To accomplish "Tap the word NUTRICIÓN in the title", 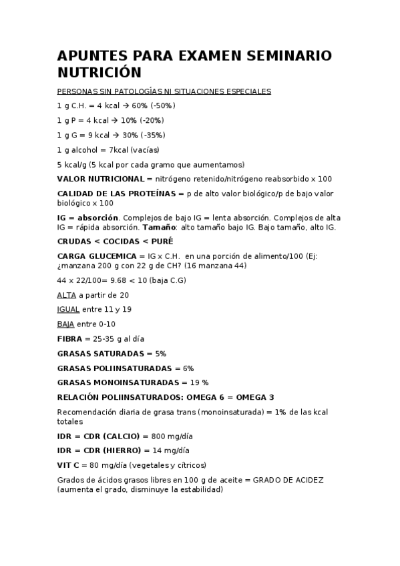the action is (99, 72).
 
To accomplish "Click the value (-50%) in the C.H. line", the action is (162, 105).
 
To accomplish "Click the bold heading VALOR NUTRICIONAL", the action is (100, 179).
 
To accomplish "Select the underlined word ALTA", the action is (67, 294).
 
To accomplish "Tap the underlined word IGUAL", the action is (69, 309).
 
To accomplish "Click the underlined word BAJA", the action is (66, 324).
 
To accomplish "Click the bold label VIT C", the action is (68, 465).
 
